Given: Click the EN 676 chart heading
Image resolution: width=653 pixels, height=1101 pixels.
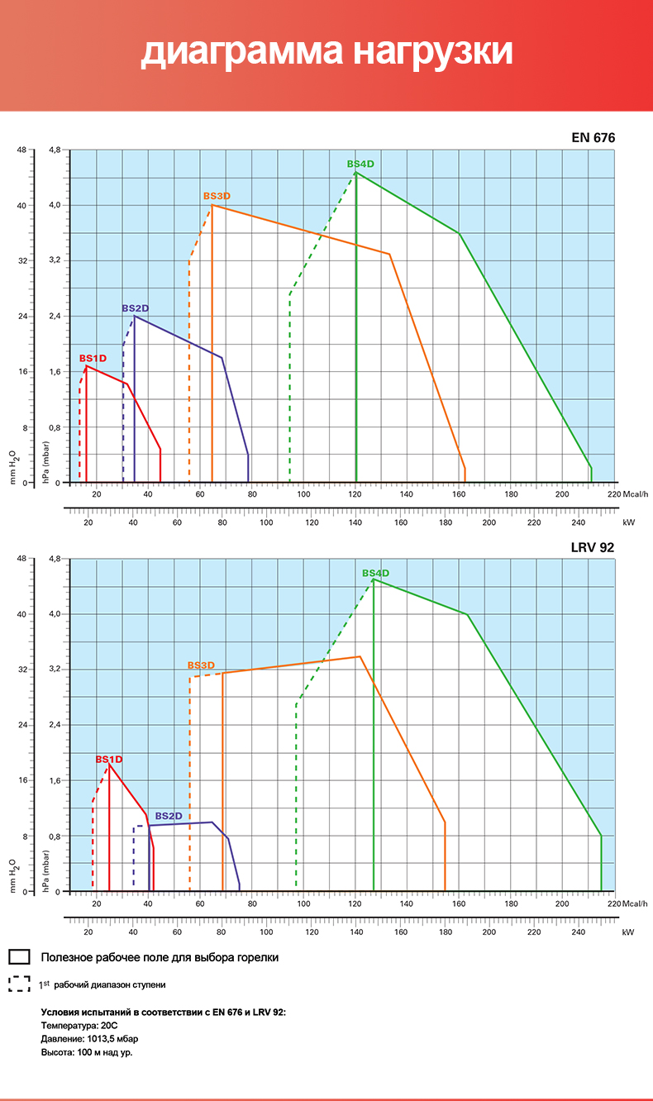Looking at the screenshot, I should point(593,138).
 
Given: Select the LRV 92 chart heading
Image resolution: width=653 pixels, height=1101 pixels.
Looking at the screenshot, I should point(593,546).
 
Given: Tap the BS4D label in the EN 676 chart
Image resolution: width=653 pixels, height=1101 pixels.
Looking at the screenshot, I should point(360,164).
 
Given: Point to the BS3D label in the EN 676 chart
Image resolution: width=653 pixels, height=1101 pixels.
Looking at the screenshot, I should point(217,196).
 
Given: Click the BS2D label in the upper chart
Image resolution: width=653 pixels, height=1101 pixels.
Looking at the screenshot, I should point(136,308).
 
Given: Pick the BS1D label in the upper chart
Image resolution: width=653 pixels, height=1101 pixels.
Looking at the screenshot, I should point(93,358).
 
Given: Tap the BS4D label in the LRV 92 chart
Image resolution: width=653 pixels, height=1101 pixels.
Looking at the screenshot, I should point(375,573).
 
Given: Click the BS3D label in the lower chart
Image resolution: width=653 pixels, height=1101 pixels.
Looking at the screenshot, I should point(201,665).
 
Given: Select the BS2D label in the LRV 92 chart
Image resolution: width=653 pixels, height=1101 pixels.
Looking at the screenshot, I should point(169,816).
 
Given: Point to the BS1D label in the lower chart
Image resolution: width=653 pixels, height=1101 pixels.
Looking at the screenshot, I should point(109,759).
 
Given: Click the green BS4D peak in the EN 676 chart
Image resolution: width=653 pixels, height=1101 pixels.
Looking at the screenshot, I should point(355,173).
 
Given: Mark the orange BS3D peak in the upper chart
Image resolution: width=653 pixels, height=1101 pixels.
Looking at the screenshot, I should point(212,205).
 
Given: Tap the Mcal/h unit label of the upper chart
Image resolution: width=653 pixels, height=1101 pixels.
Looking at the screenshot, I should point(634,494).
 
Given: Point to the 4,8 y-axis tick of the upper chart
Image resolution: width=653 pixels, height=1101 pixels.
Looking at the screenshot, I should point(55,150).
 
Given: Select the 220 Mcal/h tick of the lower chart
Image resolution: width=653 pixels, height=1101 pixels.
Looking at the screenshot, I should point(613,903).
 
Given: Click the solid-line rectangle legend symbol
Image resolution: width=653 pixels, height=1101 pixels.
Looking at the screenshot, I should point(20,957).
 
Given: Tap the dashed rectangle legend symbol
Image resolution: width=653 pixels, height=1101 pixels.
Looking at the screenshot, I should point(20,984).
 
